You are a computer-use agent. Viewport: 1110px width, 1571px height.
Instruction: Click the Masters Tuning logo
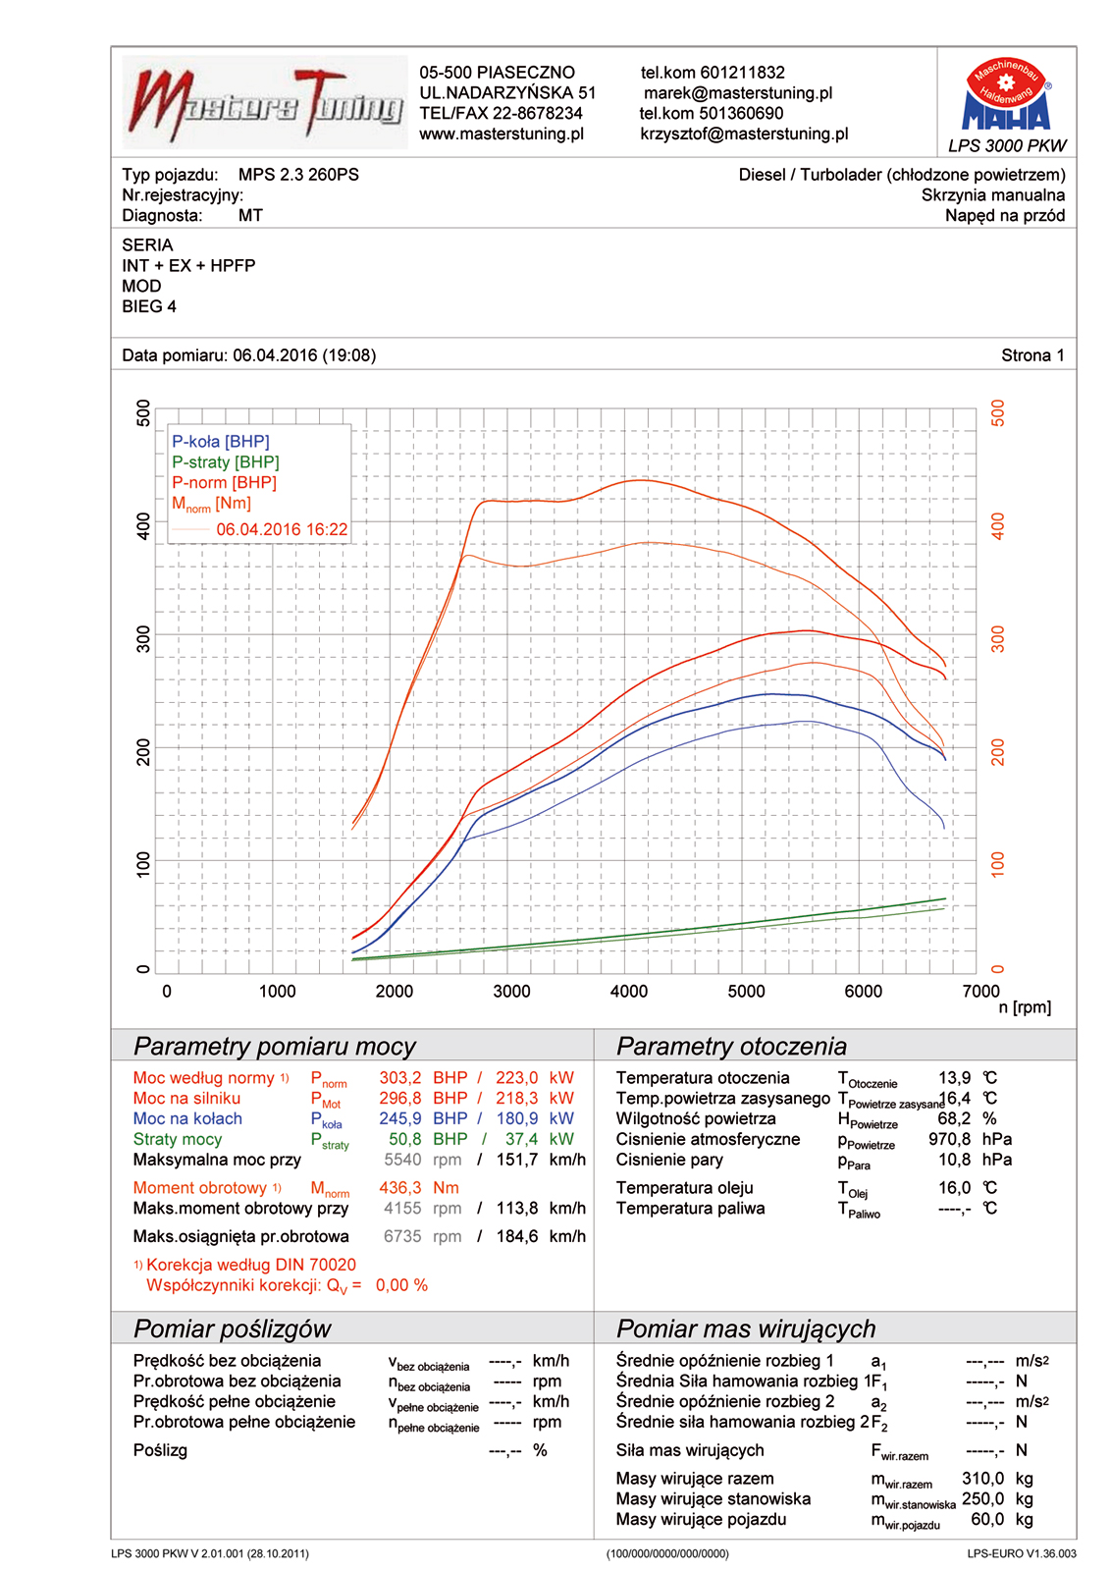point(265,103)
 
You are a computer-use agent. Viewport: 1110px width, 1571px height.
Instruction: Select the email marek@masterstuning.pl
point(738,93)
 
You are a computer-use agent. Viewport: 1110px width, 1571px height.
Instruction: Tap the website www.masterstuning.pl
point(502,135)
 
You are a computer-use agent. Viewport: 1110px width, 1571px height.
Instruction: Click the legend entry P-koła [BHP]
point(221,442)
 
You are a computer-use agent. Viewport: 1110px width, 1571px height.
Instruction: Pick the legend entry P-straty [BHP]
point(226,462)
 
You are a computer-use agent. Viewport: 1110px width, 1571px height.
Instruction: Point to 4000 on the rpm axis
point(629,992)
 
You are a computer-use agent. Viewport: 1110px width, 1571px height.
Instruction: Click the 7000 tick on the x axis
point(980,992)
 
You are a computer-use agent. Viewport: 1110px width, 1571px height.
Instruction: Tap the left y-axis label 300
point(144,638)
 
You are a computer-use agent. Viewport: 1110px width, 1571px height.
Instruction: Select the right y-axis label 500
point(998,412)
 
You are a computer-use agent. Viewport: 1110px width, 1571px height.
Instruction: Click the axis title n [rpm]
point(1025,1008)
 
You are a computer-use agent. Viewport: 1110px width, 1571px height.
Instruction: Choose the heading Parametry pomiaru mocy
point(275,1047)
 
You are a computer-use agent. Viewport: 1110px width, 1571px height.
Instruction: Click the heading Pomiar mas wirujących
point(746,1329)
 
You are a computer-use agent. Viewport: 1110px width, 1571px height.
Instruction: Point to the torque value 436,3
point(400,1188)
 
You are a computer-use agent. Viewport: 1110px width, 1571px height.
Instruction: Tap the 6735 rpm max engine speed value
point(402,1237)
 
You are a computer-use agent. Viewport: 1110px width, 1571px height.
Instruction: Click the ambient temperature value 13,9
point(954,1078)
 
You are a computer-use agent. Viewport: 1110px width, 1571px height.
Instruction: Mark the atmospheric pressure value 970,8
point(949,1140)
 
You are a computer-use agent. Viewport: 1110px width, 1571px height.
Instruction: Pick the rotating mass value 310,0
point(982,1479)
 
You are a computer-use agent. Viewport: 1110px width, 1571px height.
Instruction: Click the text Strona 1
point(1032,355)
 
